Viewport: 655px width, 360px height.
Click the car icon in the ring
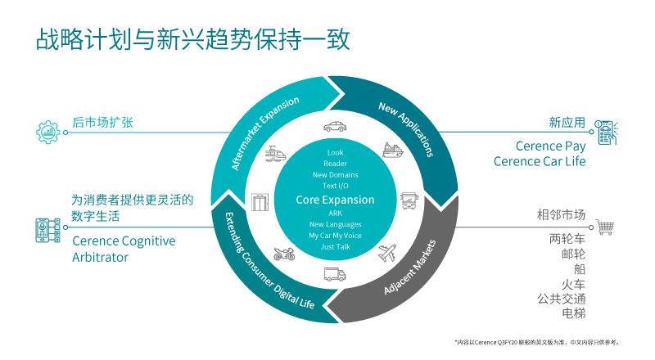tap(334, 127)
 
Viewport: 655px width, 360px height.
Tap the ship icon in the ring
tap(393, 150)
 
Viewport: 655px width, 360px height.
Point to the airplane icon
tap(387, 254)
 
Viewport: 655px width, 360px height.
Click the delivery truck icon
tap(334, 275)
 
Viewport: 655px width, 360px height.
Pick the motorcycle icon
tap(283, 254)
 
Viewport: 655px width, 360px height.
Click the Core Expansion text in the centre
tap(335, 200)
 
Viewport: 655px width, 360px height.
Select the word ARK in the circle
tap(335, 213)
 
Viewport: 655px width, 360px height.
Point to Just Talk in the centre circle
tap(335, 247)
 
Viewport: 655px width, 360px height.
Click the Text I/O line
tap(335, 187)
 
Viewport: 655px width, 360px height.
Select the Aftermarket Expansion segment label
tap(264, 132)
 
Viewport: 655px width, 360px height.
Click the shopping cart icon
tap(605, 227)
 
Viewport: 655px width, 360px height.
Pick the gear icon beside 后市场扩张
tap(47, 131)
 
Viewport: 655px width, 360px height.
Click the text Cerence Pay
tap(550, 146)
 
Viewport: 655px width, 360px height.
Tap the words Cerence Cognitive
tap(124, 241)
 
